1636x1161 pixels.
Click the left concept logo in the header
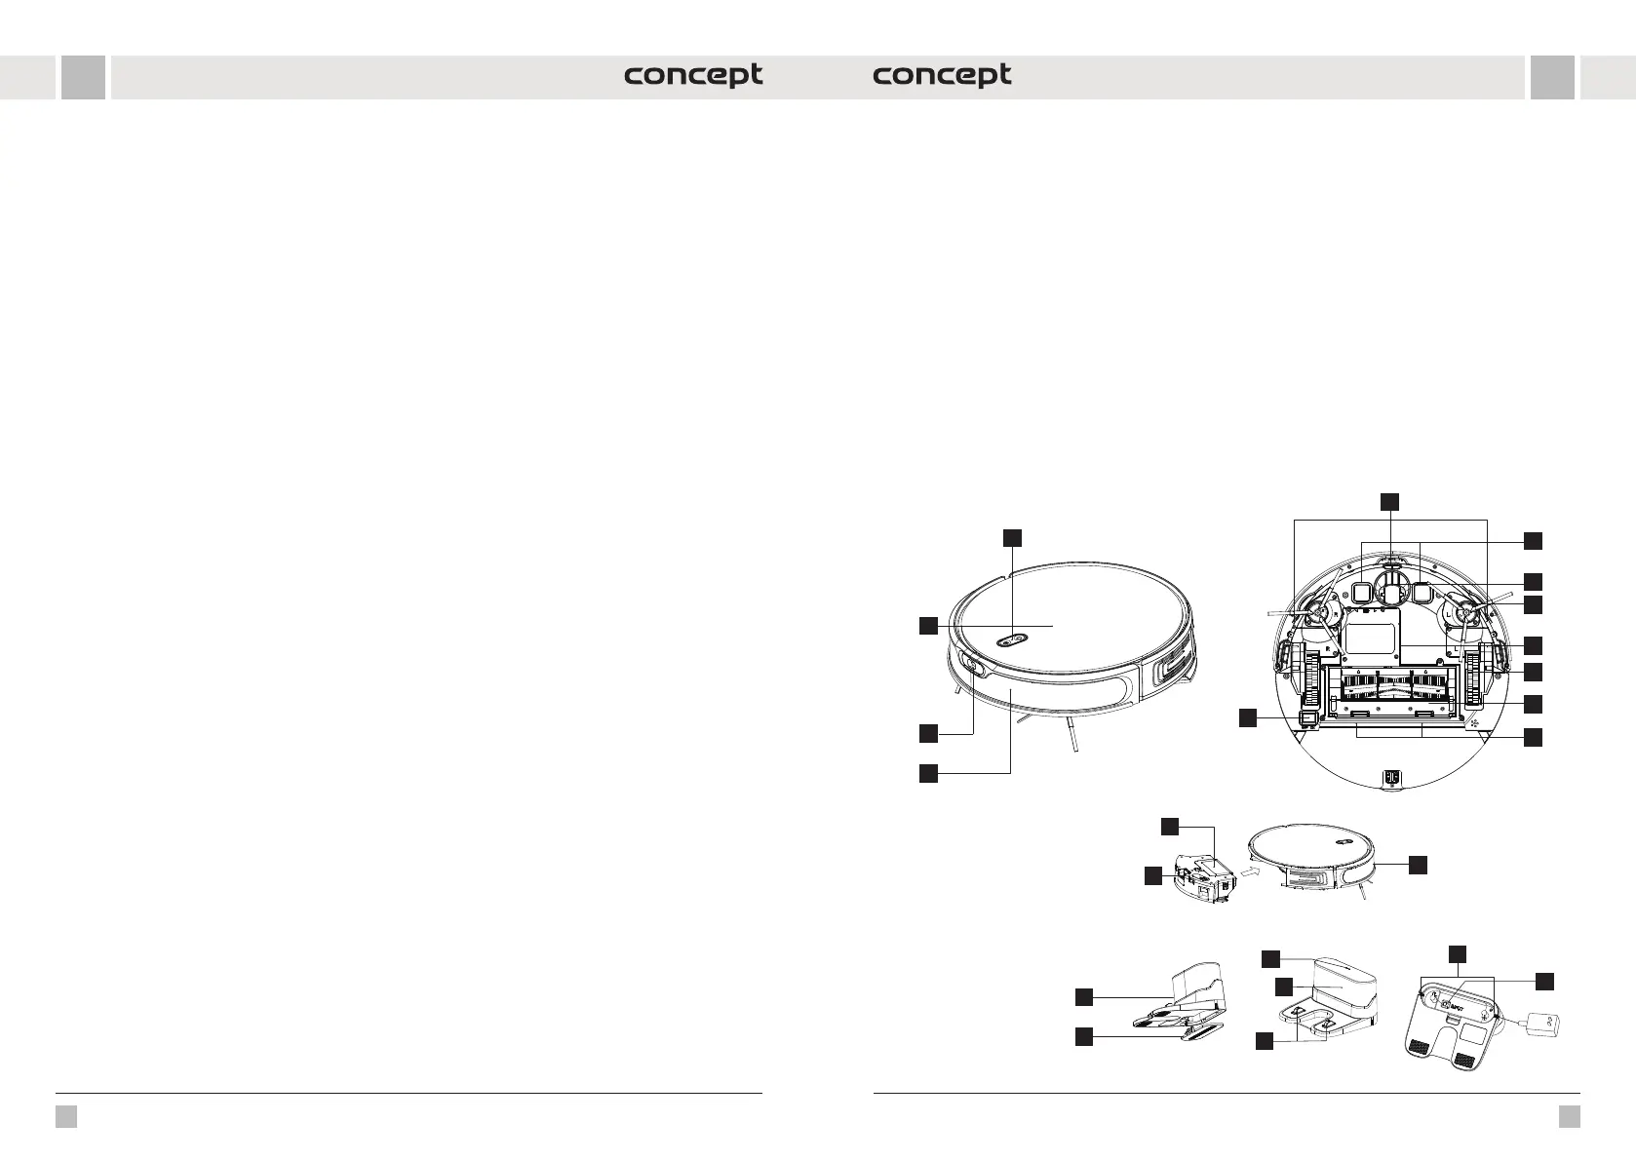click(x=693, y=76)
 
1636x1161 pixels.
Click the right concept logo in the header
click(x=942, y=76)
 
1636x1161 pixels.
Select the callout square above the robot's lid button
click(x=1013, y=537)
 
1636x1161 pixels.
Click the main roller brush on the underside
click(x=1391, y=686)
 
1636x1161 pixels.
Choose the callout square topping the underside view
click(x=1390, y=501)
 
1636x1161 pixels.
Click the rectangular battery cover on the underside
click(x=1371, y=638)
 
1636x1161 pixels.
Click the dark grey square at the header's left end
click(x=83, y=77)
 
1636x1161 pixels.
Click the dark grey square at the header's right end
click(x=1552, y=77)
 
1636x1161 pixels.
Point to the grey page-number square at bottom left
click(x=65, y=1116)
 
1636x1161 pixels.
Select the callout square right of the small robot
click(x=1418, y=864)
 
